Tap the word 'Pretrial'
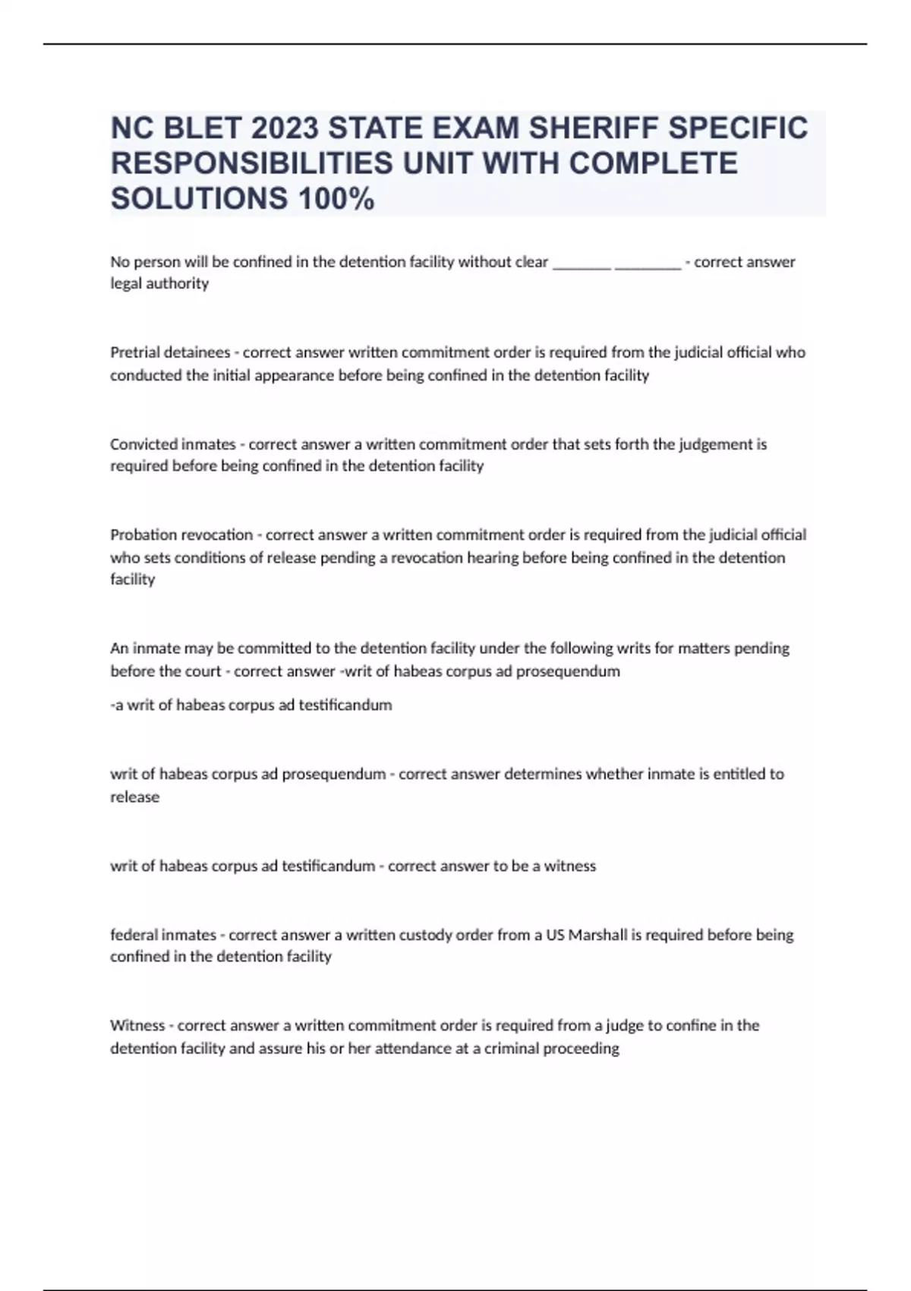tap(134, 352)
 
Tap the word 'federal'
tap(134, 935)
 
